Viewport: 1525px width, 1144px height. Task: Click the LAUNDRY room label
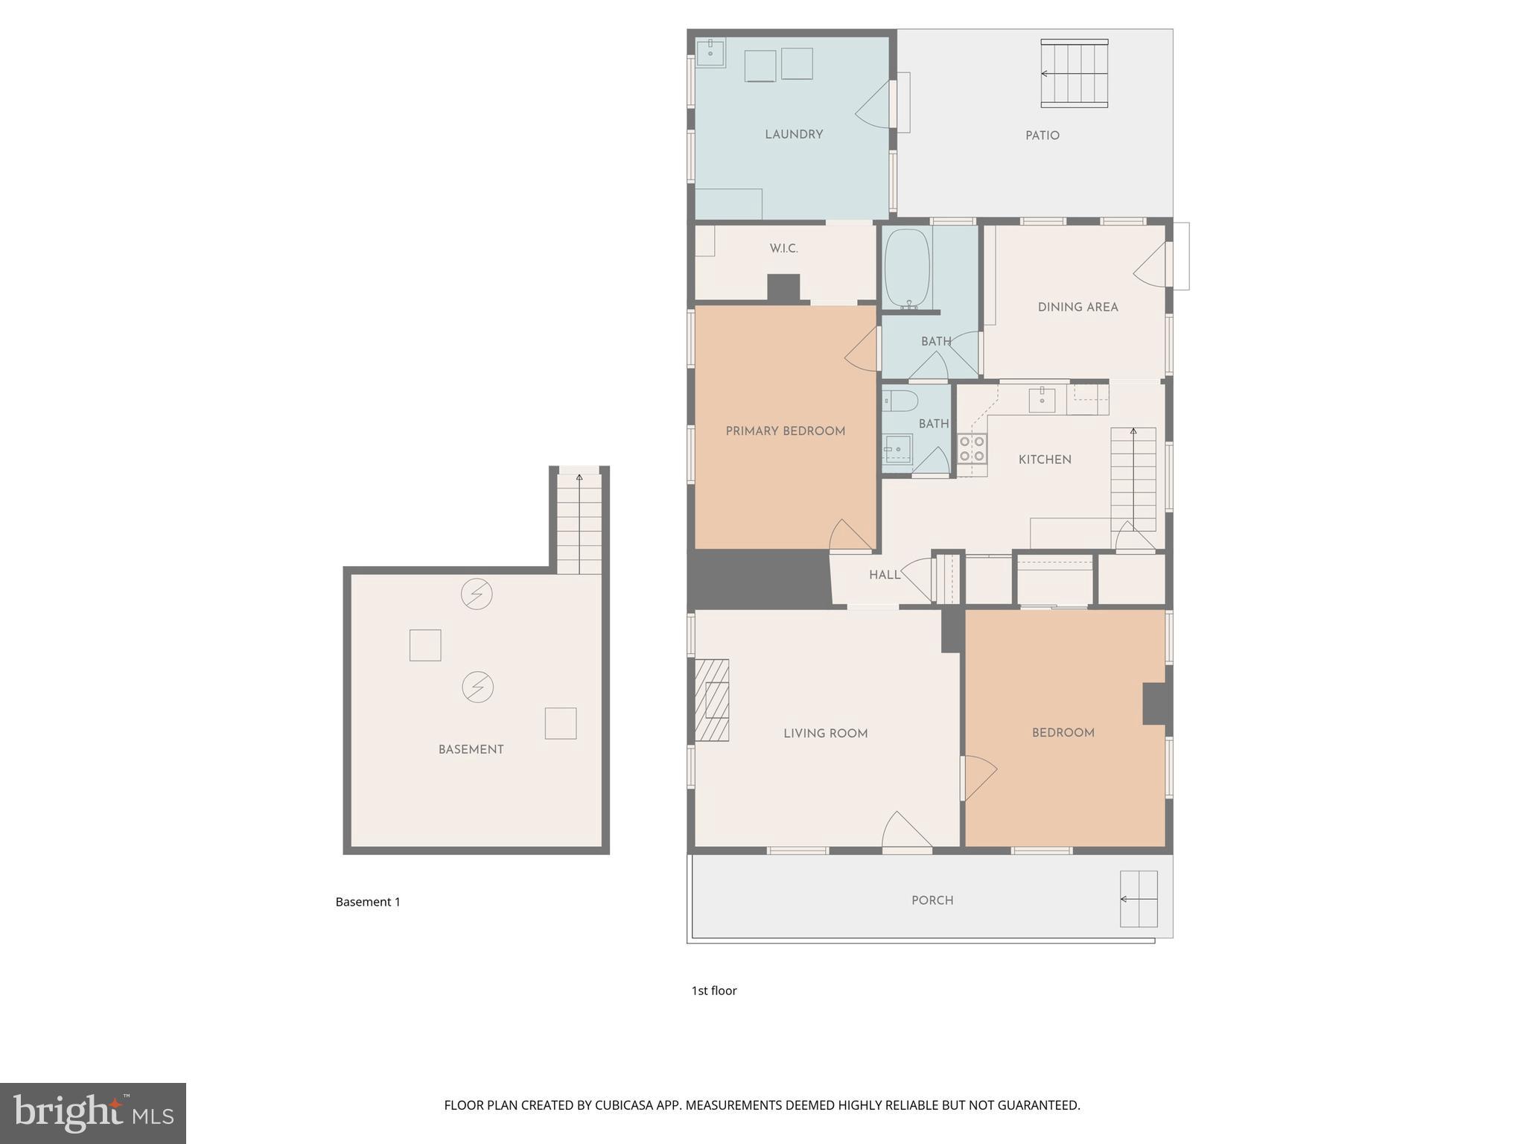[794, 134]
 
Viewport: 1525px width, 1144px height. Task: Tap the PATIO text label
[1042, 136]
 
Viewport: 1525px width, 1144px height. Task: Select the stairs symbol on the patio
[1074, 73]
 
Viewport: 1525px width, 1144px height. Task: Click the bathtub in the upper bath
[906, 268]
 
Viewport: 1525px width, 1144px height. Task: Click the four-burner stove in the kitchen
[972, 448]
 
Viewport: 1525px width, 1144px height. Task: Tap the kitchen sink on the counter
[1042, 400]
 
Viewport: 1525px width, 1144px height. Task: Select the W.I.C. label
[783, 249]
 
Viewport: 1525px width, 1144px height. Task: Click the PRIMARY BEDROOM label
[785, 430]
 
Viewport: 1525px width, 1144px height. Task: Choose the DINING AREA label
[1077, 307]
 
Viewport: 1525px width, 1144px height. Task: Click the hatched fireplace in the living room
[712, 700]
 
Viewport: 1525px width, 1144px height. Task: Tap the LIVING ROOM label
[825, 733]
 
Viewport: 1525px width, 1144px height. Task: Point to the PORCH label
[932, 900]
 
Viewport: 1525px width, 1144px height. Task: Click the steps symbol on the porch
[1139, 899]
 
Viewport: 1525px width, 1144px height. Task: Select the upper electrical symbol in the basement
[477, 594]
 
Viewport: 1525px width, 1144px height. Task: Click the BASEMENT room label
[471, 749]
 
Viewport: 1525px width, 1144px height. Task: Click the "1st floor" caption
[713, 991]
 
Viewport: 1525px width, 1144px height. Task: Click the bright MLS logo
[93, 1113]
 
